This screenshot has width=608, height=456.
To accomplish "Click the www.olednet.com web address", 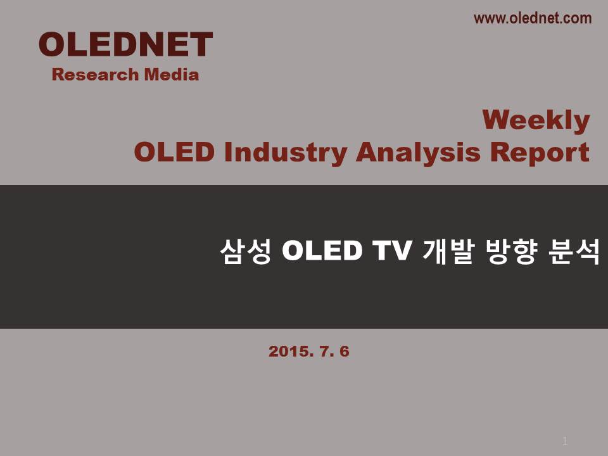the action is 533,18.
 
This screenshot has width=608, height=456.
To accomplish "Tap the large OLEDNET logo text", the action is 125,44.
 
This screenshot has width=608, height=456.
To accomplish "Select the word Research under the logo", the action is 95,75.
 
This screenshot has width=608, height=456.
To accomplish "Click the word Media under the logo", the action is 172,75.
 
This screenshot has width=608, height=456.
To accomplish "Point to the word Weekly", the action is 536,120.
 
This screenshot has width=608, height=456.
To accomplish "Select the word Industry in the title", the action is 286,153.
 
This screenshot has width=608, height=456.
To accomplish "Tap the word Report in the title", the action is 540,153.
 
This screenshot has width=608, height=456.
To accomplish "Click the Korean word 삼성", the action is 246,251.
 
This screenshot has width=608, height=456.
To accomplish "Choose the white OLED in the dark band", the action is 322,251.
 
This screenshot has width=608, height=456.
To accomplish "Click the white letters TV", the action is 391,251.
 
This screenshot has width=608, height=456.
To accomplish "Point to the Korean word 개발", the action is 448,251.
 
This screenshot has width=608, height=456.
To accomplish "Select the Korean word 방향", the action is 512,251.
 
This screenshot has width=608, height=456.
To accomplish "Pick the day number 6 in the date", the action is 345,351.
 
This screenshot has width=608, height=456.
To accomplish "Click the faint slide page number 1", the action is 565,441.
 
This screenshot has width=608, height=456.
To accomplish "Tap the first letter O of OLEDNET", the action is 51,44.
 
